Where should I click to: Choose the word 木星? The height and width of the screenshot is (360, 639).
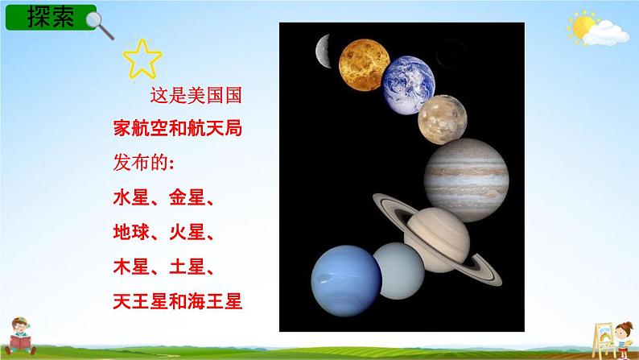tap(129, 267)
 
